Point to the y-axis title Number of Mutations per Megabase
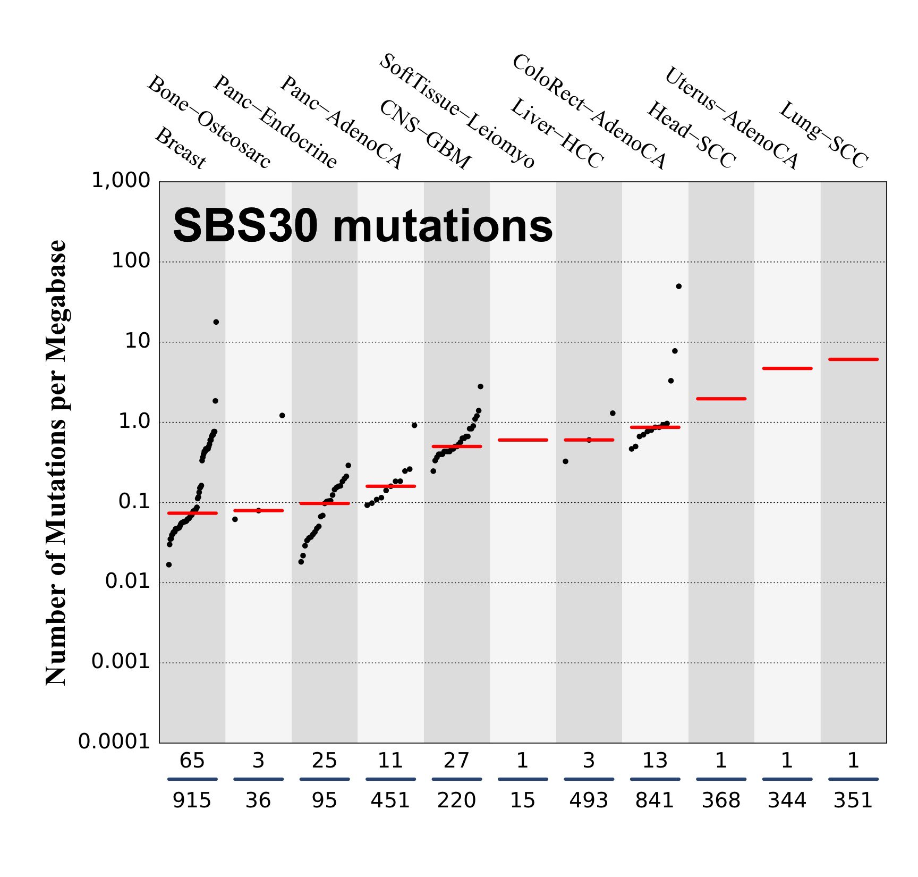[x=56, y=462]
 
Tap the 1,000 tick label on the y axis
[x=121, y=181]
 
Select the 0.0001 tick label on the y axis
[x=114, y=741]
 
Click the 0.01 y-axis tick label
[x=127, y=581]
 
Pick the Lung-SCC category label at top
[x=823, y=134]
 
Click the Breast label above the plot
[x=180, y=149]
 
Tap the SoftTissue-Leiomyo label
[x=457, y=111]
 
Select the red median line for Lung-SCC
[x=853, y=360]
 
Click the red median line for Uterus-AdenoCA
[x=787, y=368]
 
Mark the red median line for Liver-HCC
[x=523, y=440]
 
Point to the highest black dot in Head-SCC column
[x=678, y=286]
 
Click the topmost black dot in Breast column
[x=216, y=322]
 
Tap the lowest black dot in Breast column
[x=169, y=564]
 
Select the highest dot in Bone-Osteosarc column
[x=282, y=416]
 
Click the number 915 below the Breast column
[x=192, y=800]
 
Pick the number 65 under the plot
[x=192, y=761]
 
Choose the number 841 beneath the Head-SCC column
[x=654, y=800]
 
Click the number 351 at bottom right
[x=853, y=800]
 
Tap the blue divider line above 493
[x=589, y=779]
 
